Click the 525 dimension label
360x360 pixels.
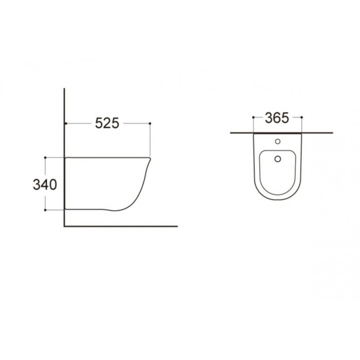(x=107, y=123)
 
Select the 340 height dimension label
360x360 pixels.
(x=45, y=184)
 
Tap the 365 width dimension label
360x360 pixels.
(x=277, y=118)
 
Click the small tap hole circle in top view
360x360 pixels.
(x=278, y=141)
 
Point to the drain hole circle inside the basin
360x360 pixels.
(x=278, y=159)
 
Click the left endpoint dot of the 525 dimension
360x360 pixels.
(x=66, y=123)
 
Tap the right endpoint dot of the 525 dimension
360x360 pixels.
(x=150, y=123)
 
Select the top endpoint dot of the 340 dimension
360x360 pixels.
(x=45, y=157)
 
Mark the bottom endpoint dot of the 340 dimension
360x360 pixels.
(x=45, y=210)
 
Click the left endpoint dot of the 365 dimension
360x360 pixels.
(x=253, y=117)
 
